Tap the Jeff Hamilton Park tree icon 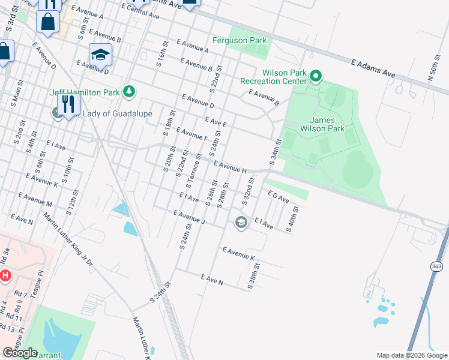click(x=128, y=92)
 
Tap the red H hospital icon click(x=5, y=276)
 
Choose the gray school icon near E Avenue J click(x=241, y=223)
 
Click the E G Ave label click(x=279, y=197)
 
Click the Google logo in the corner click(x=19, y=353)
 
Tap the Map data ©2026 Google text click(x=412, y=355)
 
